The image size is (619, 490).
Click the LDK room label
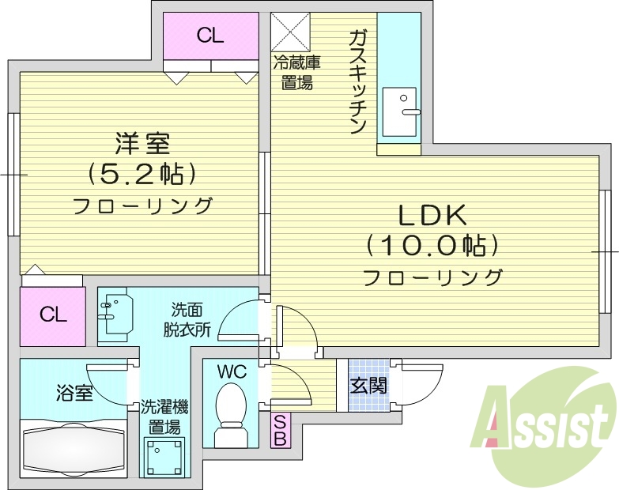(x=432, y=216)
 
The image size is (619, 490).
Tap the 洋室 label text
(x=142, y=144)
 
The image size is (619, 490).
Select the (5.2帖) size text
(x=142, y=174)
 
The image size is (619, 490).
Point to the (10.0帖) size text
(x=432, y=246)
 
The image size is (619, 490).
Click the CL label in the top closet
(x=210, y=36)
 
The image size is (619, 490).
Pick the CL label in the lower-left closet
(x=53, y=315)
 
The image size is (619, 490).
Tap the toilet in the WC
(x=231, y=414)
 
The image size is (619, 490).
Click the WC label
(x=232, y=371)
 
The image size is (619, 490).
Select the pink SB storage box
(x=281, y=430)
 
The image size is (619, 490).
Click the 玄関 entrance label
(x=368, y=386)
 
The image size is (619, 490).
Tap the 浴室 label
(x=74, y=393)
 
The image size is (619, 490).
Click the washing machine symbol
(x=164, y=455)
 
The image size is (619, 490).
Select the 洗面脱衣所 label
(x=187, y=320)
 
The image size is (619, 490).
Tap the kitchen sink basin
(x=399, y=111)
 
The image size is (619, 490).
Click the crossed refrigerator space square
(x=291, y=32)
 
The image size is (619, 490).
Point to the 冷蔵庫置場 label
(x=297, y=73)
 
